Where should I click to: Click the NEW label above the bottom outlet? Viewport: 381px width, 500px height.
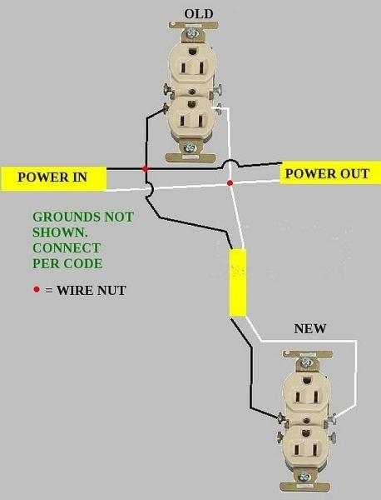coord(309,328)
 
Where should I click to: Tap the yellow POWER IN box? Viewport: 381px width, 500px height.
coord(54,177)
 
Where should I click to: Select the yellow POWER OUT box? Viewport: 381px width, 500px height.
coord(326,174)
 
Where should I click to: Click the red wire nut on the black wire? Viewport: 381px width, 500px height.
coord(146,169)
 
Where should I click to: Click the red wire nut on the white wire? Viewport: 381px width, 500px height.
coord(230,182)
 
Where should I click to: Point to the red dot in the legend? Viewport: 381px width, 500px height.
coord(36,290)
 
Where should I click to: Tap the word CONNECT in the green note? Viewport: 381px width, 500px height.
coord(66,247)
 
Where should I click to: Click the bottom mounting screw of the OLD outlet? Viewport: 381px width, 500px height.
coord(190,147)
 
